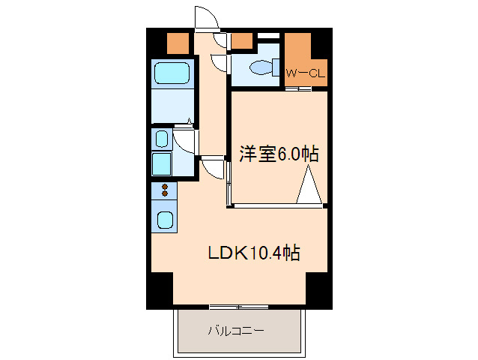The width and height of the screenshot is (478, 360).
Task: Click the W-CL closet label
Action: [x=304, y=73]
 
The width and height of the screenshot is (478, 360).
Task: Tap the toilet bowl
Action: [x=261, y=67]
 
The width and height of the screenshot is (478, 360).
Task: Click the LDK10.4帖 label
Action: [x=254, y=253]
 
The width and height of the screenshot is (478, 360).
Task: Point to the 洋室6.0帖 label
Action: [x=279, y=154]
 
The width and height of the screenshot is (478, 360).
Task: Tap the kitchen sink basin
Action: [x=164, y=221]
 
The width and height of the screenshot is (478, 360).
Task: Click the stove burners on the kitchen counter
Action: [x=164, y=192]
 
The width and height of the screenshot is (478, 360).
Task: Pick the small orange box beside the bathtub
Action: [x=178, y=43]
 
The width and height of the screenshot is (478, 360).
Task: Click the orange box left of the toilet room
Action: [x=241, y=42]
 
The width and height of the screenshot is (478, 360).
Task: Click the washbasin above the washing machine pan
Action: [x=161, y=138]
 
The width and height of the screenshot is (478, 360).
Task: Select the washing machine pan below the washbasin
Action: [x=163, y=163]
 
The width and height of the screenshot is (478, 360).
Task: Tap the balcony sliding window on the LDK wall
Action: [x=238, y=307]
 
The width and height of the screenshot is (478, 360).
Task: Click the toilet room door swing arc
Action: [x=220, y=64]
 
